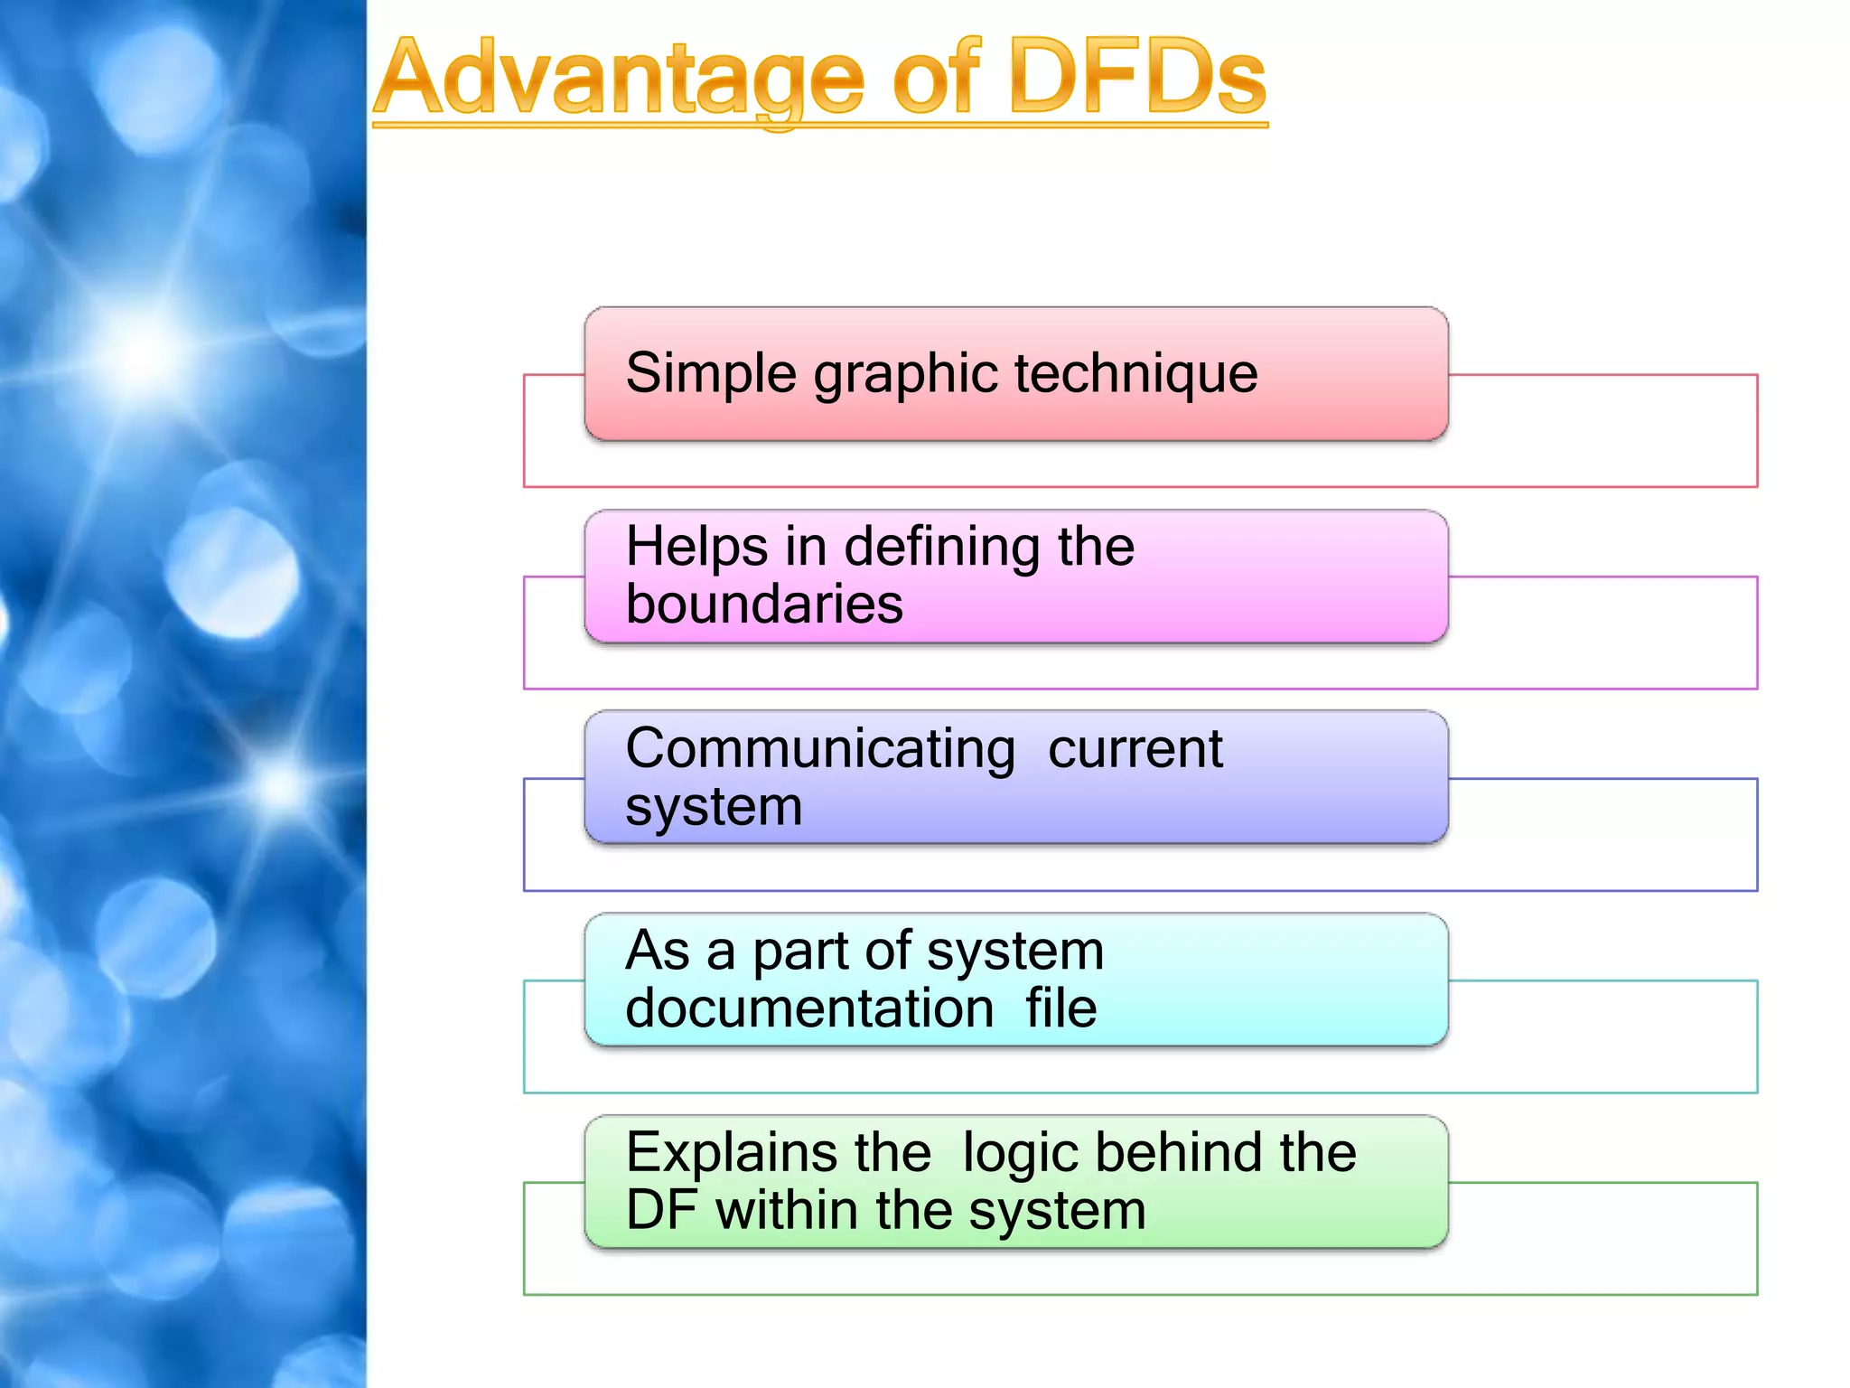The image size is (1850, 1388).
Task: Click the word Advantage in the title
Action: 620,80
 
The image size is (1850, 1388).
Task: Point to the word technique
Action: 1135,374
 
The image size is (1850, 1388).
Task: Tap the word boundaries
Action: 764,605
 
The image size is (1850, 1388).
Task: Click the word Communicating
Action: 820,749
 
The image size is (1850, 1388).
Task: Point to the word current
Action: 1135,749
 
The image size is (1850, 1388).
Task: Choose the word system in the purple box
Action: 714,807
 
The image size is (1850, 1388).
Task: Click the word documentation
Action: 809,1008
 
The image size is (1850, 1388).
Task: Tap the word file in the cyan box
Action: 1060,1008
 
